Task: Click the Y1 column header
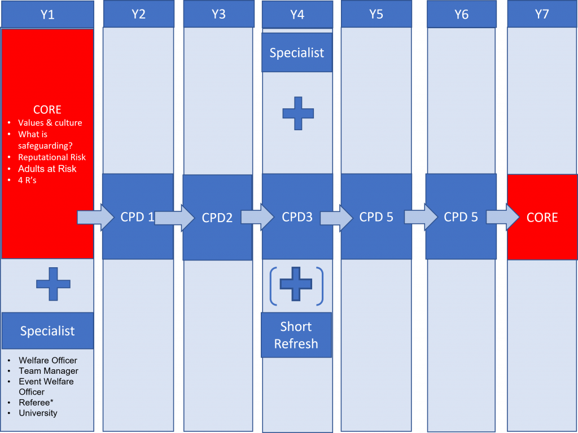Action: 47,14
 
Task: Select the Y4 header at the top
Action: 297,15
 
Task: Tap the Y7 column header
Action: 542,14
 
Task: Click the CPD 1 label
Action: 137,217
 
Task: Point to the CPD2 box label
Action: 217,218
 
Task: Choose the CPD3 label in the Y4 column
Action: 297,217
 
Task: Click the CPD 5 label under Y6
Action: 461,217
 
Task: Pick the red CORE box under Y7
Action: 542,217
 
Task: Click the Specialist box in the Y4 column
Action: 297,52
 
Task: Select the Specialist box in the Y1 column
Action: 47,330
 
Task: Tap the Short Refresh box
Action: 296,335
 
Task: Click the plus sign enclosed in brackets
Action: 296,284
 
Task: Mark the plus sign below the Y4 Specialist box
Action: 298,113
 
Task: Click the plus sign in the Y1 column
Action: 53,284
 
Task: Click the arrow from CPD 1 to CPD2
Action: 174,218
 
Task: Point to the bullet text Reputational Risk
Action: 52,157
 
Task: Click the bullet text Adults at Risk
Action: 47,169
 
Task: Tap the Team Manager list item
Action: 49,371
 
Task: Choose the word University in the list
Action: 38,413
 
